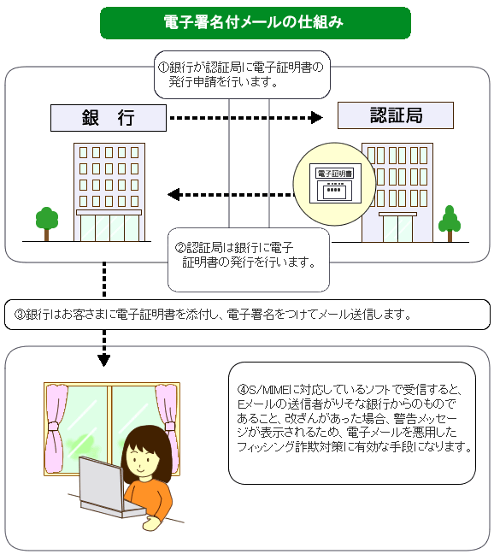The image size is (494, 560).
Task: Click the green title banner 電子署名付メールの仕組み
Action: [x=256, y=22]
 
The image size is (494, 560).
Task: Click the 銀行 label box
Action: [x=109, y=118]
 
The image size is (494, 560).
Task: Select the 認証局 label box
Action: [x=396, y=115]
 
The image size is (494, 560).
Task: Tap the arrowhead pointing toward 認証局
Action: [x=317, y=117]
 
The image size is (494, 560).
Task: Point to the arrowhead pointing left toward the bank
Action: [x=173, y=195]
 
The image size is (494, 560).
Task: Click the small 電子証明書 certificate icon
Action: [x=335, y=184]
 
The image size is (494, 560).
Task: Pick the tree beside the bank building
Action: [x=47, y=223]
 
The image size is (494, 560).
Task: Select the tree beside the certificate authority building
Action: [x=450, y=223]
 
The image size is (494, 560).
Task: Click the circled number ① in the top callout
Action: [x=163, y=68]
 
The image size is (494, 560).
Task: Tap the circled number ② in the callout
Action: [x=179, y=247]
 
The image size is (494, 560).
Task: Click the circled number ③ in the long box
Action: [x=20, y=315]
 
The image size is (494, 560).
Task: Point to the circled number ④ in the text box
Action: [x=243, y=389]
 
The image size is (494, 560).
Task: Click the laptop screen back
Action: [x=101, y=481]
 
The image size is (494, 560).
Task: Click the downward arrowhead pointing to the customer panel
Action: [x=104, y=361]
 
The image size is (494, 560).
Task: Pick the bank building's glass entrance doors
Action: [x=109, y=228]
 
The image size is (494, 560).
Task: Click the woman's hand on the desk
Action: [x=151, y=523]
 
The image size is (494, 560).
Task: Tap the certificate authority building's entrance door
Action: [x=397, y=229]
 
